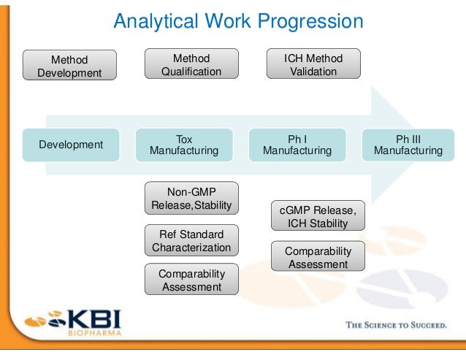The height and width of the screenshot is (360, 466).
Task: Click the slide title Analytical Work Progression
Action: (237, 21)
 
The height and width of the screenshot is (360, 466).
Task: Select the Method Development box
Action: (69, 66)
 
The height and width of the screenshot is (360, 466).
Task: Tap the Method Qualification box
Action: (191, 64)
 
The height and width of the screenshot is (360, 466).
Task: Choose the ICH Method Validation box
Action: (313, 64)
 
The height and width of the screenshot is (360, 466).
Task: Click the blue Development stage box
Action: (71, 145)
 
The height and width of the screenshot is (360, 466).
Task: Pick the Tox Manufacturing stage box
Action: (184, 145)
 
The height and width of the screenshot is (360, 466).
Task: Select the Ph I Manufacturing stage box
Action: (297, 145)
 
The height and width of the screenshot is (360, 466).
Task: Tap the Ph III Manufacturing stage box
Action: (408, 145)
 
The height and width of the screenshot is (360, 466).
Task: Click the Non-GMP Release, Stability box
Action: (191, 198)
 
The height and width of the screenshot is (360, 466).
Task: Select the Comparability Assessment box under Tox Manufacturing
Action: (191, 280)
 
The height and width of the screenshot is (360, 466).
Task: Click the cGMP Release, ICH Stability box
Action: (318, 217)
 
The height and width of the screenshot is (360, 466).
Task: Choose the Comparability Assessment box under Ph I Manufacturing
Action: (318, 258)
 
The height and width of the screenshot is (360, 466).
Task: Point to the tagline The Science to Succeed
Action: (395, 325)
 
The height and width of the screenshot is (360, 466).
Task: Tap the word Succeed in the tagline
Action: (427, 325)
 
